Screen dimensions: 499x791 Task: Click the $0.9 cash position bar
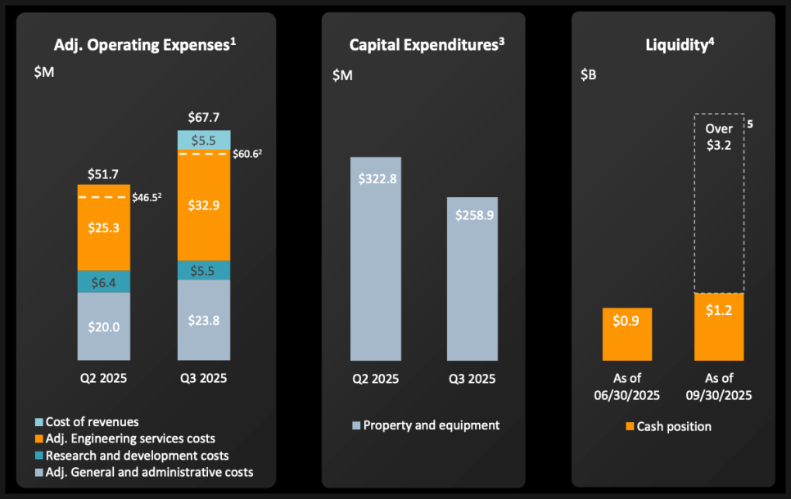tap(627, 334)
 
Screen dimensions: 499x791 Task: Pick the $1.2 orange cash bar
tap(719, 326)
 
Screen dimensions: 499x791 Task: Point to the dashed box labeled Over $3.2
tap(719, 202)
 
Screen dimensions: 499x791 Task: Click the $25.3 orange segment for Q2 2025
tap(104, 227)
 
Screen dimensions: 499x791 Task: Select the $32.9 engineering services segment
tap(204, 206)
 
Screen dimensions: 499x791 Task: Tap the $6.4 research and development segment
tap(104, 281)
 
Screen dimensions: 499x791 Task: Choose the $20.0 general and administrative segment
tap(104, 326)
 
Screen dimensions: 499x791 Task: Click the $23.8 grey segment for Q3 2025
tap(204, 320)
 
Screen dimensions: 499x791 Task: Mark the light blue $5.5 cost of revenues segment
tap(204, 140)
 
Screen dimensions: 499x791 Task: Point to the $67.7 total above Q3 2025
tap(204, 117)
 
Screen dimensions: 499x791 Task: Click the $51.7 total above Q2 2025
tap(104, 173)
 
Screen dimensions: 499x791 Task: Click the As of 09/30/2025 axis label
tap(719, 386)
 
